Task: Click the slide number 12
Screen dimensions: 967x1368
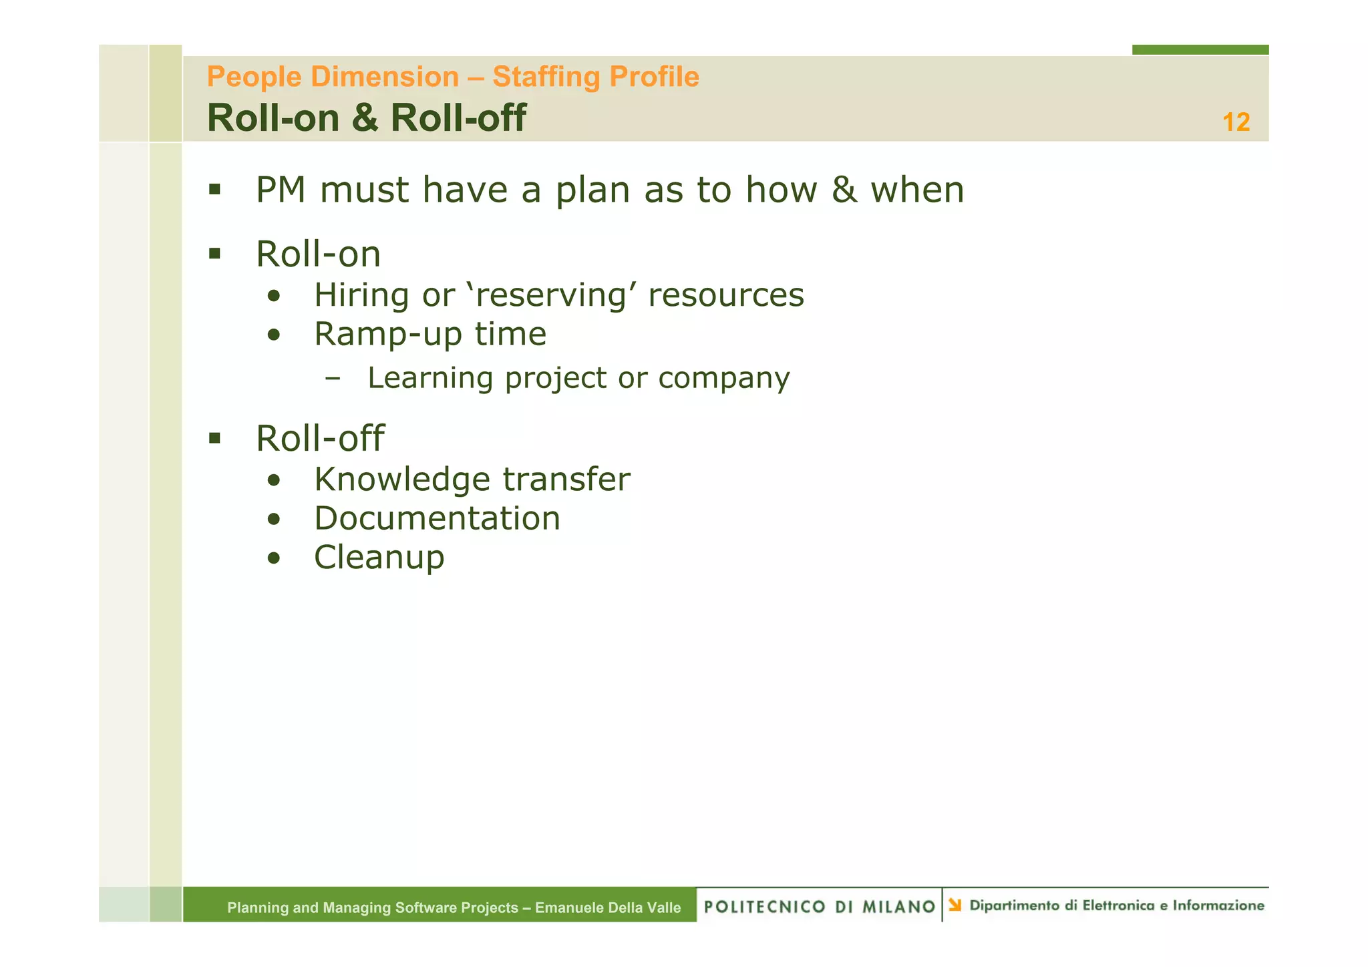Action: click(1236, 122)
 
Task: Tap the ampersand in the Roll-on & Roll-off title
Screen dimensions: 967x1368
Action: click(364, 118)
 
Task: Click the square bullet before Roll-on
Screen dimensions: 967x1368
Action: click(214, 254)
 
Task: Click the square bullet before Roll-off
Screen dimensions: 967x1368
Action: click(214, 438)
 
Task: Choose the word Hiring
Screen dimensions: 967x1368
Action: click(361, 295)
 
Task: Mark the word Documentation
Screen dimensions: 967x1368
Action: click(437, 518)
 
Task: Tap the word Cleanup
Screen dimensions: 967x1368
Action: click(379, 558)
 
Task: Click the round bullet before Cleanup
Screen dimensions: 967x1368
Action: click(274, 558)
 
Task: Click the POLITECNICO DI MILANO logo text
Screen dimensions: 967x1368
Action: click(819, 906)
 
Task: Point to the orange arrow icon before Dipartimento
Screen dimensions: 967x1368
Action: click(955, 905)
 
